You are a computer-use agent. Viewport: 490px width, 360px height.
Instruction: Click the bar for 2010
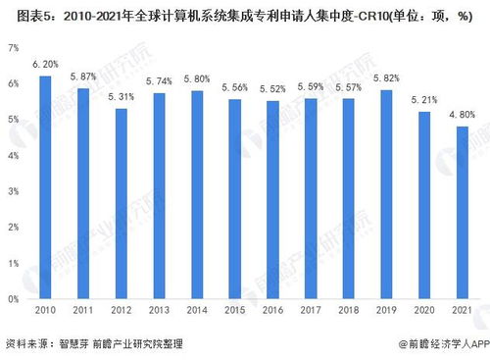(45, 186)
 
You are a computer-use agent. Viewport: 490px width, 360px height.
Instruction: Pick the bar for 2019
(386, 193)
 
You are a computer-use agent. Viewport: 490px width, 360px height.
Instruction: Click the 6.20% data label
(45, 65)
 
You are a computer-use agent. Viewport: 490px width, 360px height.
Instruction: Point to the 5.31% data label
(121, 97)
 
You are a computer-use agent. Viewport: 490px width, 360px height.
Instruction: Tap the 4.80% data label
(463, 115)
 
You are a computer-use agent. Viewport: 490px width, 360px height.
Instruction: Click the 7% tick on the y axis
(13, 47)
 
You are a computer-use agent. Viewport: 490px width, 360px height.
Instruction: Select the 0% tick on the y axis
(13, 298)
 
